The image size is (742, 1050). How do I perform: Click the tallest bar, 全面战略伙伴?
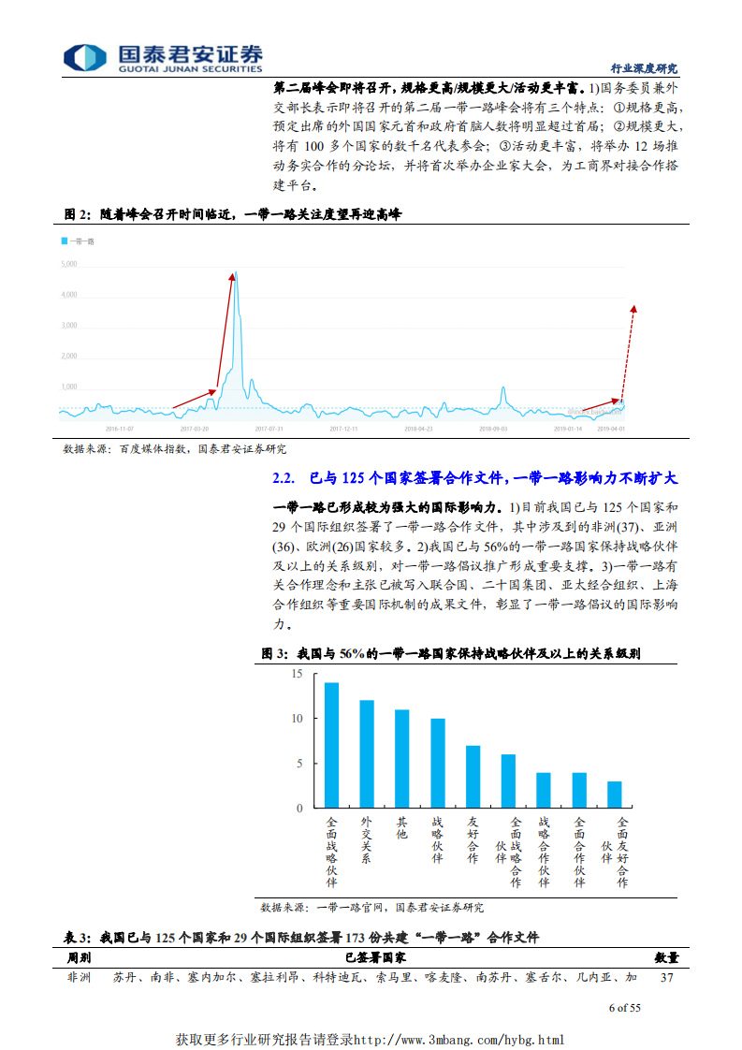click(x=331, y=745)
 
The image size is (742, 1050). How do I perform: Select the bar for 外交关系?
click(x=367, y=753)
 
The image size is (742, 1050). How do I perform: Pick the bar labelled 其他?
click(x=401, y=758)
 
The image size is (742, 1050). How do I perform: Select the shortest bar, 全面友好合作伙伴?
click(x=614, y=794)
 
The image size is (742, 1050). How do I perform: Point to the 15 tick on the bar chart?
click(x=298, y=674)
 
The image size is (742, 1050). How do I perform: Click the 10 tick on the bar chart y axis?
click(x=298, y=719)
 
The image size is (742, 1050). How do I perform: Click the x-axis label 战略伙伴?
click(x=437, y=839)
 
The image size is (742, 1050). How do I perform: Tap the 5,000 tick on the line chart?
click(x=68, y=264)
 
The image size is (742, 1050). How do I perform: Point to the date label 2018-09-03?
click(x=493, y=428)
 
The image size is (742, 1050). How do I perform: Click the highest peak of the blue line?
click(x=236, y=272)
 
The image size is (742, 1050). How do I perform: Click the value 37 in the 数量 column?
click(x=667, y=977)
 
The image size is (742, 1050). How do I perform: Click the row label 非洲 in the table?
click(x=79, y=977)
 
